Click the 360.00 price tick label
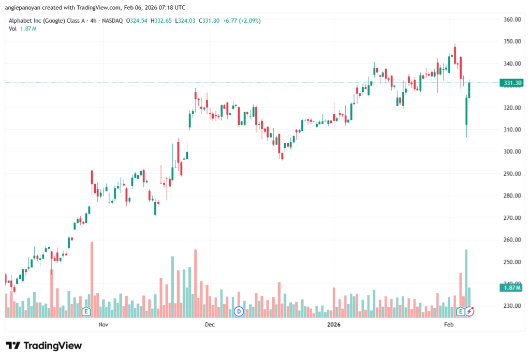(x=511, y=20)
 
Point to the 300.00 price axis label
(x=511, y=152)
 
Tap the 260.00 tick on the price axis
(x=511, y=240)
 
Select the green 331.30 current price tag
(x=510, y=83)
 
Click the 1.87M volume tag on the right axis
(x=510, y=288)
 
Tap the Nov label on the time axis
(x=103, y=325)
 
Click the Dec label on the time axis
(x=209, y=325)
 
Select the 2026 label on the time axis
(x=334, y=325)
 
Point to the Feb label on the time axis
(x=448, y=325)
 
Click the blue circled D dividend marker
(x=239, y=311)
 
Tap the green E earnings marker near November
(x=86, y=311)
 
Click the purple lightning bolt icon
(x=469, y=311)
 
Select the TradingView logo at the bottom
(x=44, y=346)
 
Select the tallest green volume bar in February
(x=466, y=282)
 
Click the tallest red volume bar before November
(x=92, y=279)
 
